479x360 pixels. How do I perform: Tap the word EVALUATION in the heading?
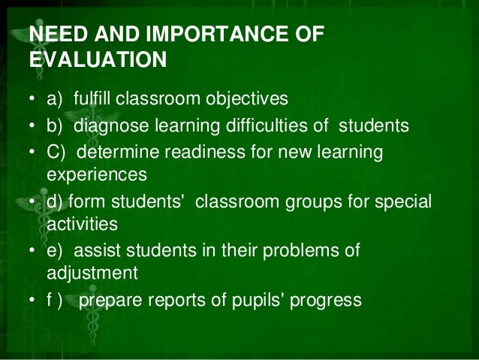tap(97, 59)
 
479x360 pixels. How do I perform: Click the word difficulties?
tap(281, 126)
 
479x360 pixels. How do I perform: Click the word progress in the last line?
tap(328, 300)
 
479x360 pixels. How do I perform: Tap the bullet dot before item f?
tap(32, 300)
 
